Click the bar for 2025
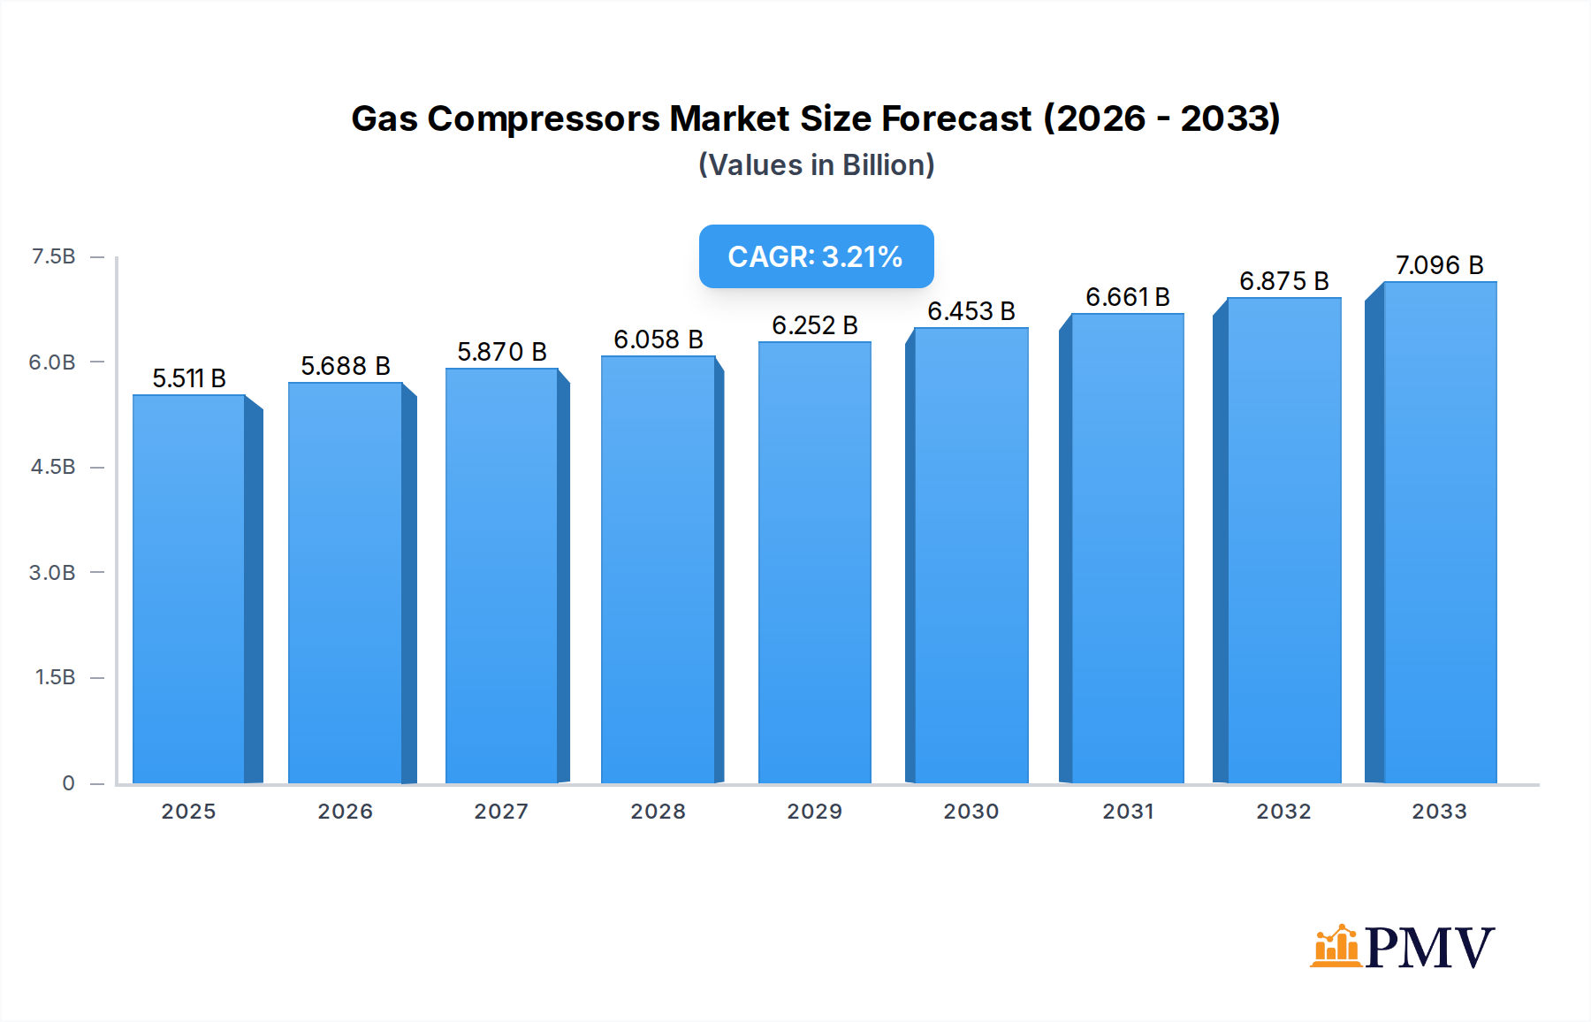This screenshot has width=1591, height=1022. pyautogui.click(x=189, y=589)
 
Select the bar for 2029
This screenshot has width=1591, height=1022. pyautogui.click(x=814, y=562)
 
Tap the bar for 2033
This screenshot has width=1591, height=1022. pyautogui.click(x=1439, y=532)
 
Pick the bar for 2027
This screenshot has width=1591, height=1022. pyautogui.click(x=501, y=576)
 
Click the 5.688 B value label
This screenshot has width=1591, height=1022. pyautogui.click(x=345, y=366)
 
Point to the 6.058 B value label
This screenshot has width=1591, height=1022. pyautogui.click(x=658, y=339)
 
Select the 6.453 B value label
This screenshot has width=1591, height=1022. pyautogui.click(x=971, y=311)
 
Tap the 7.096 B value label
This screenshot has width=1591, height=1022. pyautogui.click(x=1439, y=265)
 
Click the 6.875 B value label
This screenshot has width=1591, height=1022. pyautogui.click(x=1283, y=281)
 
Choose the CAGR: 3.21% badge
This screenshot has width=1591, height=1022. pyautogui.click(x=816, y=256)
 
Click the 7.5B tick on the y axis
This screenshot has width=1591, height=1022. pyautogui.click(x=53, y=256)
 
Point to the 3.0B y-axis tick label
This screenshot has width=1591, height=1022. pyautogui.click(x=52, y=573)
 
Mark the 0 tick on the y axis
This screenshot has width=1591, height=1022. pyautogui.click(x=68, y=783)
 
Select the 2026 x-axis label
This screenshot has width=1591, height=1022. pyautogui.click(x=345, y=812)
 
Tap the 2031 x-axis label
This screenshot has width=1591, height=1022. pyautogui.click(x=1127, y=812)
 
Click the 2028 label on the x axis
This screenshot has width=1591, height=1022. pyautogui.click(x=658, y=812)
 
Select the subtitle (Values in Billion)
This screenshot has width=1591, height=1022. pyautogui.click(x=816, y=165)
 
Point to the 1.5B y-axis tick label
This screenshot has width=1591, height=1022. pyautogui.click(x=55, y=677)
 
